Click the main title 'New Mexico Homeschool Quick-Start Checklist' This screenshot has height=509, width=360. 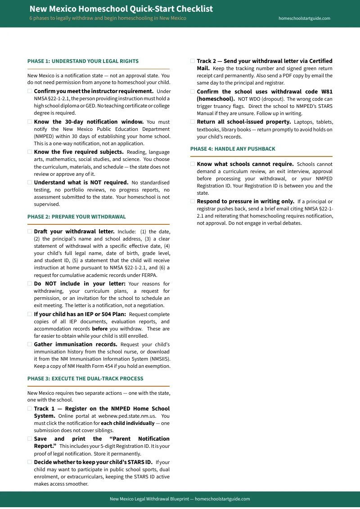pyautogui.click(x=121, y=9)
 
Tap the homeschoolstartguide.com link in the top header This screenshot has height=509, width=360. pyautogui.click(x=304, y=18)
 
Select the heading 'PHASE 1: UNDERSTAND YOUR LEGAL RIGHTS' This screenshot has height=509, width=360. pyautogui.click(x=83, y=61)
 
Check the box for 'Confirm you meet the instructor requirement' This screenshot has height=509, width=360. pyautogui.click(x=30, y=91)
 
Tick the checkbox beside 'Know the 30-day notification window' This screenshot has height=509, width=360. pyautogui.click(x=30, y=122)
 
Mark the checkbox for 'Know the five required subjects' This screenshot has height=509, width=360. pyautogui.click(x=30, y=152)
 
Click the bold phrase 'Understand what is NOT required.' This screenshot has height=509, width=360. pyautogui.click(x=81, y=183)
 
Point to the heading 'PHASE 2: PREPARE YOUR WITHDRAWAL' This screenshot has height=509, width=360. pyautogui.click(x=76, y=217)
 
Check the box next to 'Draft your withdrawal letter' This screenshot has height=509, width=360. pyautogui.click(x=30, y=232)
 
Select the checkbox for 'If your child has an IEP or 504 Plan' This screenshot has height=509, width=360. pyautogui.click(x=30, y=314)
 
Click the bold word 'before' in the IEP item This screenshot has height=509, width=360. pyautogui.click(x=99, y=329)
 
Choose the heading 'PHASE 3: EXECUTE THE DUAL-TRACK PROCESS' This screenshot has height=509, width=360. pyautogui.click(x=85, y=379)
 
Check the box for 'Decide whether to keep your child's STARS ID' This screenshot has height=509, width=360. pyautogui.click(x=30, y=462)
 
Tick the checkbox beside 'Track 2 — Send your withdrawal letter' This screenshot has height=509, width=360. pyautogui.click(x=193, y=61)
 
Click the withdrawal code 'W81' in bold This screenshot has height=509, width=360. pyautogui.click(x=327, y=91)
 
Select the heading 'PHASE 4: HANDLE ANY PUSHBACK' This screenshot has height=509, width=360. pyautogui.click(x=233, y=149)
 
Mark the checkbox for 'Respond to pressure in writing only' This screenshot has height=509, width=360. pyautogui.click(x=193, y=201)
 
